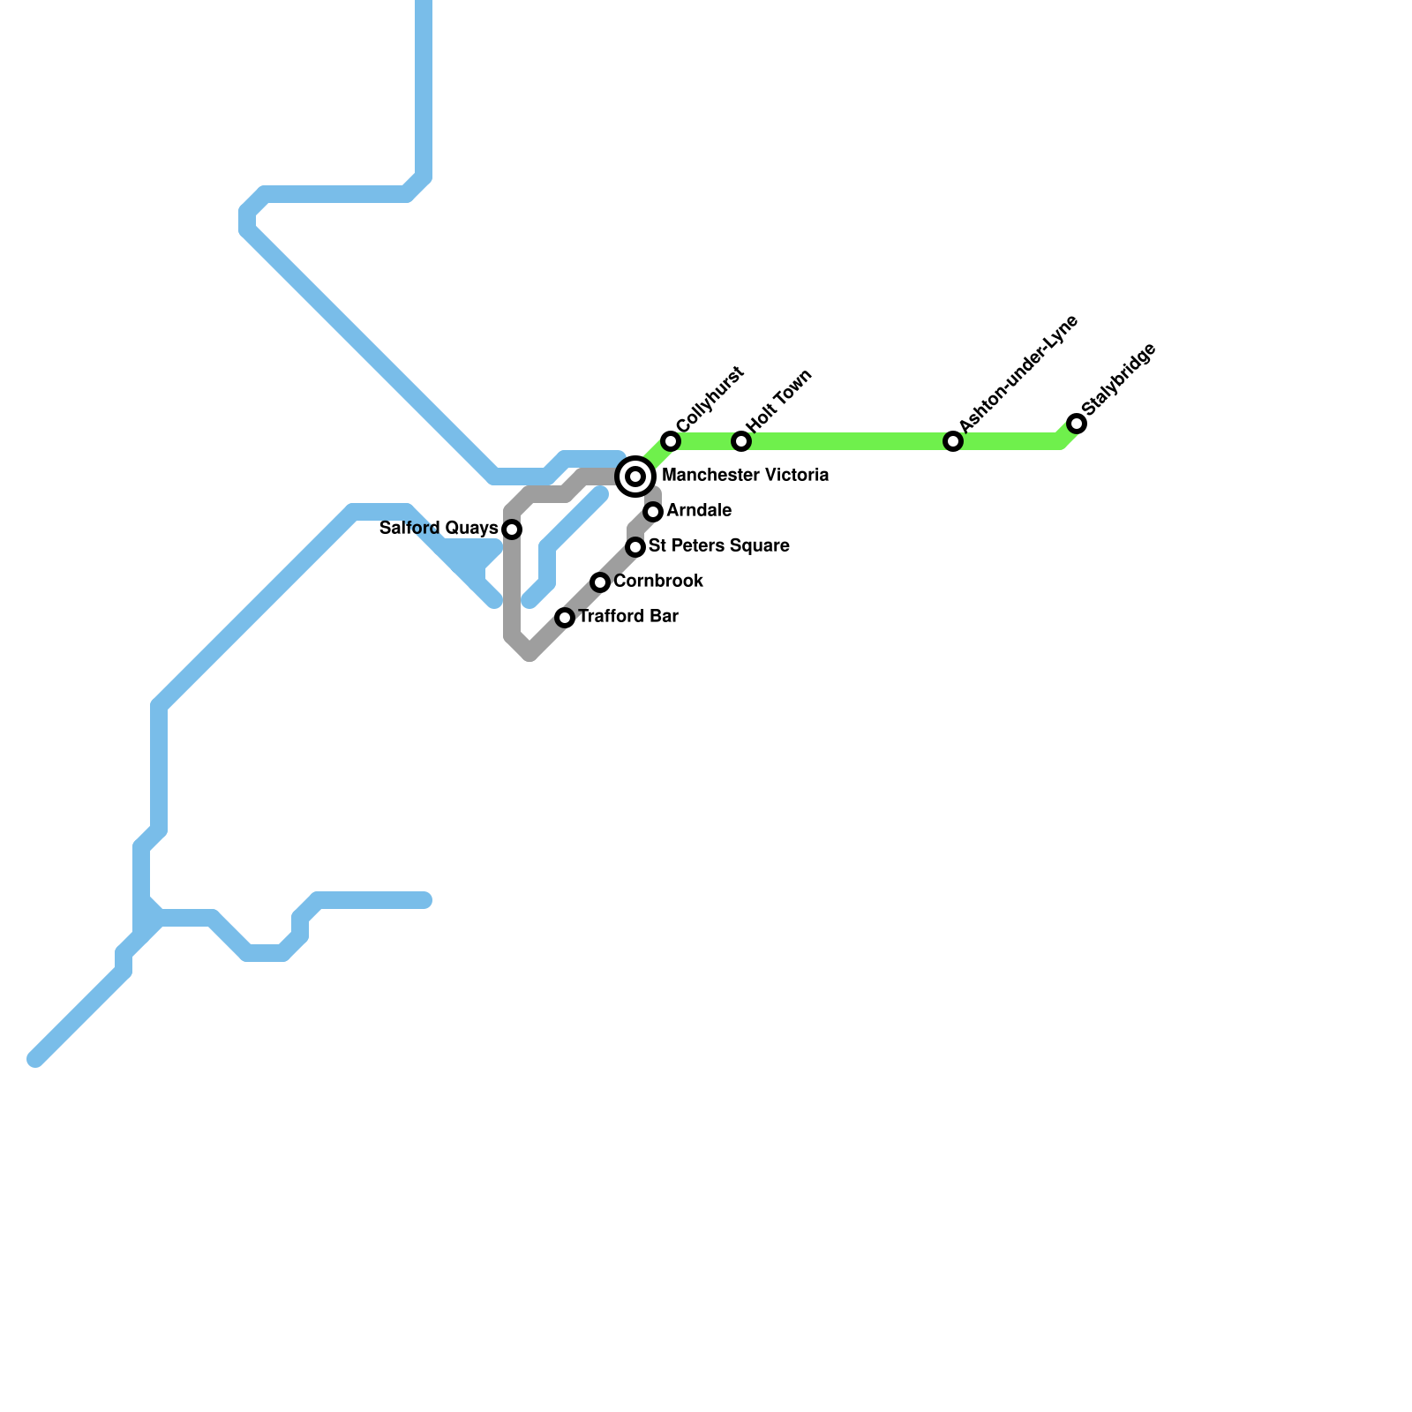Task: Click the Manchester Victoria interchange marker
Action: (x=635, y=477)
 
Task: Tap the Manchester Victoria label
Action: (x=745, y=476)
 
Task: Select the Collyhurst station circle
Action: (x=671, y=441)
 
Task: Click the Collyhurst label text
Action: (x=710, y=399)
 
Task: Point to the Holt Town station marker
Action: (x=741, y=441)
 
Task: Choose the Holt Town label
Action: (x=779, y=402)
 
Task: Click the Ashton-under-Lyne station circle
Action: (x=953, y=441)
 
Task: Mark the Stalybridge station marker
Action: (x=1077, y=424)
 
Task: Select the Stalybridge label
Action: (x=1118, y=379)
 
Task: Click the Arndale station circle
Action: (x=653, y=512)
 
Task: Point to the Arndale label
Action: (x=699, y=511)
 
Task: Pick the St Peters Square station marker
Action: (x=635, y=547)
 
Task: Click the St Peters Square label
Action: (x=718, y=546)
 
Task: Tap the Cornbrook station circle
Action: (x=600, y=582)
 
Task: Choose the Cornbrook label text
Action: (x=658, y=582)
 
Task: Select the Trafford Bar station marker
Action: (x=565, y=618)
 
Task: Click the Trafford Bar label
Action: (x=628, y=617)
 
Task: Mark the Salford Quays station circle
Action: (x=512, y=529)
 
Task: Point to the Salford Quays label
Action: (x=439, y=529)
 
